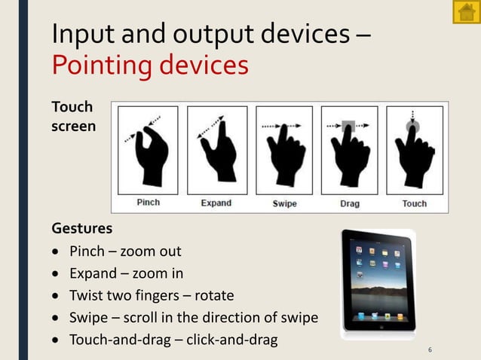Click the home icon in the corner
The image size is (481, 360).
coord(466,12)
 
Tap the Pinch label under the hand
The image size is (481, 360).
coord(148,202)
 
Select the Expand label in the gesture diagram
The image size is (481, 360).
coord(216,203)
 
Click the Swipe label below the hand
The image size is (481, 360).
coord(284,203)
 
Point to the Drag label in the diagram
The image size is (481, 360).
coord(349,203)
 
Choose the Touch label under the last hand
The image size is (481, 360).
coord(414,203)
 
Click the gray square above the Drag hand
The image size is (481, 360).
coord(348,127)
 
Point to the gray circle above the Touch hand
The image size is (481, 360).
coord(412,127)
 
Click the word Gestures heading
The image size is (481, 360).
coord(81,227)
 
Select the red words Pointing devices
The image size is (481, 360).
coord(150,65)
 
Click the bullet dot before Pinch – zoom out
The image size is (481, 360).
coord(56,252)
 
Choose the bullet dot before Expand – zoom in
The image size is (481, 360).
coord(56,273)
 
